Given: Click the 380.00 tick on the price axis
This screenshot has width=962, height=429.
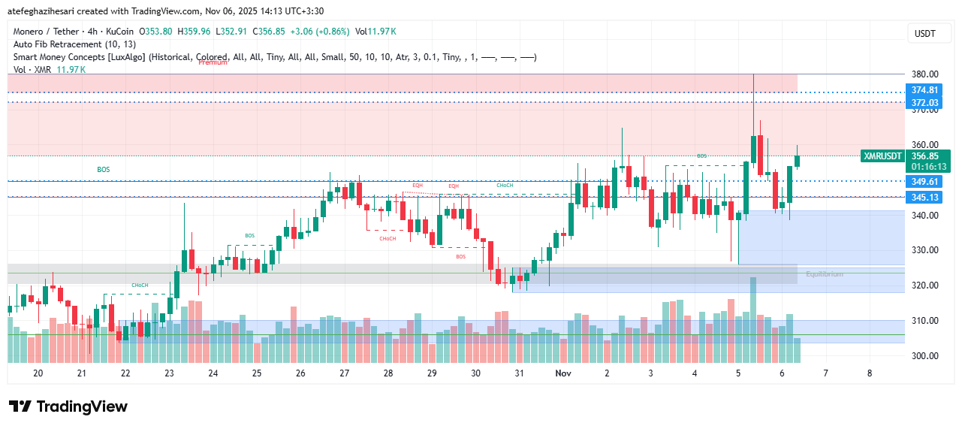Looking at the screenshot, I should (924, 74).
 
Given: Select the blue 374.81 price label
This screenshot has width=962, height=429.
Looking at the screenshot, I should (924, 90).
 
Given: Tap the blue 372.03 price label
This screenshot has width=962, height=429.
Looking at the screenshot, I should (924, 103).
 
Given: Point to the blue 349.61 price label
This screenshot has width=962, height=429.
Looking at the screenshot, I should (924, 182).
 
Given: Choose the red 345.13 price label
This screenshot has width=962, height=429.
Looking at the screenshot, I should (924, 198).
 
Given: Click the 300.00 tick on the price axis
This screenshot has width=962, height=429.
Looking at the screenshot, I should (924, 356).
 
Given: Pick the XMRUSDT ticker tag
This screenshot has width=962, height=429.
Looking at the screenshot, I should (882, 156).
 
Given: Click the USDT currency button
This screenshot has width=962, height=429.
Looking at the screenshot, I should (924, 34).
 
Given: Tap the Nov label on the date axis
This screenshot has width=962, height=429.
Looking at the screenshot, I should (562, 373).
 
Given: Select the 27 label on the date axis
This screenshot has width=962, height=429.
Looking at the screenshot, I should (344, 373).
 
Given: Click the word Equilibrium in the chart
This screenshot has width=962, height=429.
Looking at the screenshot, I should (824, 274).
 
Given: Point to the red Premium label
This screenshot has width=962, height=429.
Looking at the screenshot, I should (213, 62).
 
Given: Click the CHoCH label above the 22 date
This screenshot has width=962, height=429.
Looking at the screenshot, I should (140, 285).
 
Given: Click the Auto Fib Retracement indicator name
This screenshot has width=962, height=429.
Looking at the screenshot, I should (74, 44).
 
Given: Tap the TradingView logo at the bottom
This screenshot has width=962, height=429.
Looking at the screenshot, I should (68, 407).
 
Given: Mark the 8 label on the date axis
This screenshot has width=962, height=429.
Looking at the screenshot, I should (869, 373).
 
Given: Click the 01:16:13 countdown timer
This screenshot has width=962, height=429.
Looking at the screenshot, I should (928, 167).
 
